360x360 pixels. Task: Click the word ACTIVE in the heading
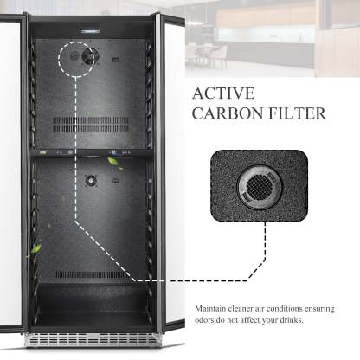coord(223,93)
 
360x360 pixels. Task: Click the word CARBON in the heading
coord(228,113)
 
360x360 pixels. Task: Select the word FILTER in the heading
coord(297,113)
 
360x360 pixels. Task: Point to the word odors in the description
coord(202,320)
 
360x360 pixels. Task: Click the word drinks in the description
coord(292,320)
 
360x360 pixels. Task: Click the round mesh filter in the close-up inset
coord(260,187)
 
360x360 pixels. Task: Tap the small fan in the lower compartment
coord(91,181)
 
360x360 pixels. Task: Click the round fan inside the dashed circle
coord(88,56)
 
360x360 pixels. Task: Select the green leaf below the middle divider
coord(112,162)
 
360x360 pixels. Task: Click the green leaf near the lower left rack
coord(36,248)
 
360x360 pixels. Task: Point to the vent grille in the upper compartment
coord(91,125)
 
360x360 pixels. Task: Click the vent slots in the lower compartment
coord(90,274)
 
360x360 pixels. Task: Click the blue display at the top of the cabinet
coord(90,30)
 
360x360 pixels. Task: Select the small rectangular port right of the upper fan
coord(115,60)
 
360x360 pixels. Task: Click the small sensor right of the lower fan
coord(115,181)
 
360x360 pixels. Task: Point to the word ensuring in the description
coord(320,309)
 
